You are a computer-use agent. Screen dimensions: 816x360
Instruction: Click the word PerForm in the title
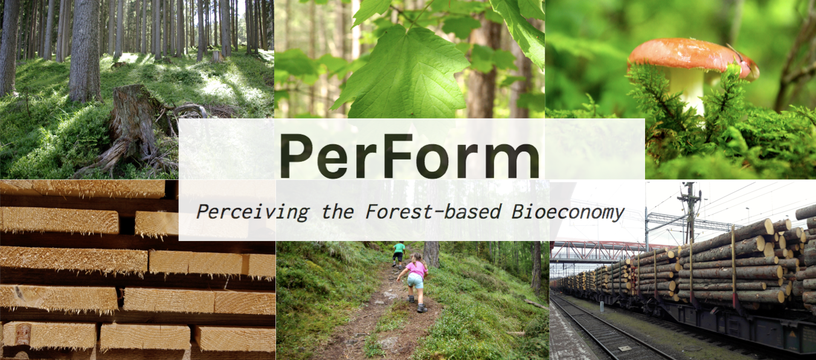(410, 156)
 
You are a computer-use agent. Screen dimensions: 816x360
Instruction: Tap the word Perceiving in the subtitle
(252, 211)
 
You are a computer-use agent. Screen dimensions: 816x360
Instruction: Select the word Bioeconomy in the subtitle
(568, 211)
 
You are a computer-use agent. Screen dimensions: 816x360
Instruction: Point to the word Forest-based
(434, 211)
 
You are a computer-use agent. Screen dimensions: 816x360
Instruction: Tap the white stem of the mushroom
(687, 89)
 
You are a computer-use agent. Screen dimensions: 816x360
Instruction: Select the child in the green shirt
(399, 255)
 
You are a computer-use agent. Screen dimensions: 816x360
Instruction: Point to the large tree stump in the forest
(135, 127)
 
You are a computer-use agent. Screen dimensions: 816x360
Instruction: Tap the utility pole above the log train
(690, 211)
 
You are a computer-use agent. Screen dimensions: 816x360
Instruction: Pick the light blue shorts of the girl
(416, 280)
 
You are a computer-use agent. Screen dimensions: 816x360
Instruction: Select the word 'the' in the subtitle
(338, 211)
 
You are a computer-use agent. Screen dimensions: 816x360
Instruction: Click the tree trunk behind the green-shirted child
(431, 254)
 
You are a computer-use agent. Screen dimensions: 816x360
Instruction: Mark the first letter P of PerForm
(296, 156)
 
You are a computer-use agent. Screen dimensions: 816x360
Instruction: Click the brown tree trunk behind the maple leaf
(483, 69)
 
